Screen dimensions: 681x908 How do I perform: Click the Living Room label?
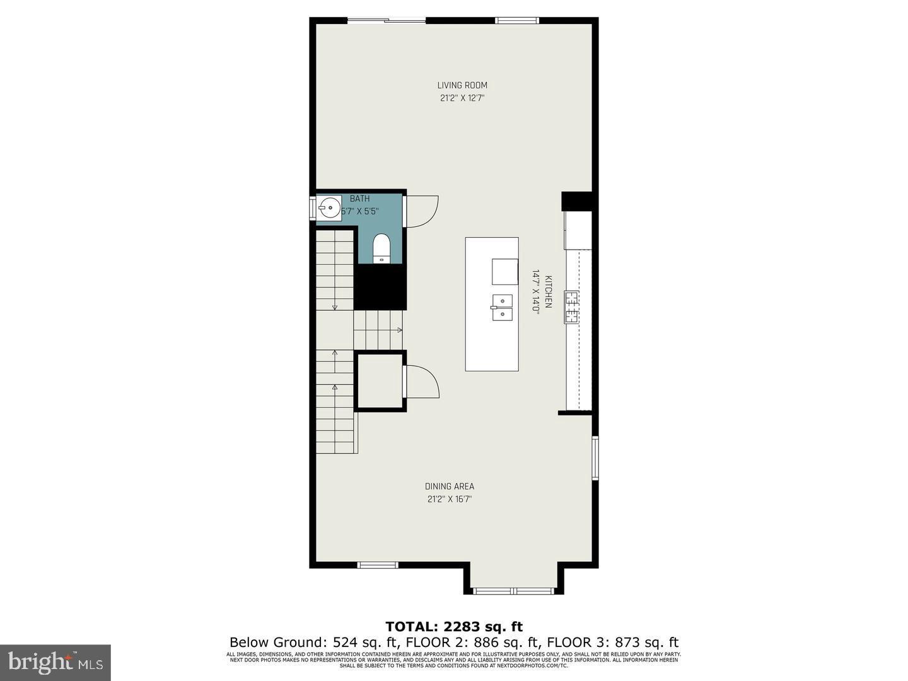pos(462,85)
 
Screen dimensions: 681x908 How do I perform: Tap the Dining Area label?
pos(449,486)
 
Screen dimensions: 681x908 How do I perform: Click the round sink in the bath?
pos(328,207)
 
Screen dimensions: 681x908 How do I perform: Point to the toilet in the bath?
pos(381,248)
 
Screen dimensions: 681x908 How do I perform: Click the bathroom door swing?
pos(421,211)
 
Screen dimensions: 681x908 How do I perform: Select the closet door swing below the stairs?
pos(422,381)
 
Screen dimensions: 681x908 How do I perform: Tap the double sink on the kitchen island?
pos(502,307)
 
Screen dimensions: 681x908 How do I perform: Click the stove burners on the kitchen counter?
pos(571,307)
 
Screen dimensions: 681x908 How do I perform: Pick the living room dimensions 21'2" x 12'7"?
pos(462,98)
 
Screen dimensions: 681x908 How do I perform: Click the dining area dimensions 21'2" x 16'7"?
pos(449,499)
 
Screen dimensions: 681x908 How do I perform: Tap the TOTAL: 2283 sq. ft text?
pos(454,626)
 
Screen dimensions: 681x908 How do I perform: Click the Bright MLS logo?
pos(55,662)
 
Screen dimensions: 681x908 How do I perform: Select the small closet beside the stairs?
pos(380,381)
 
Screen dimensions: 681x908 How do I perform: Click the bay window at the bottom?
pos(513,591)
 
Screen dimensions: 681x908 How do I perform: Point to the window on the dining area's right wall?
pos(595,458)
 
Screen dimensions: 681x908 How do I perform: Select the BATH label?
pos(359,199)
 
